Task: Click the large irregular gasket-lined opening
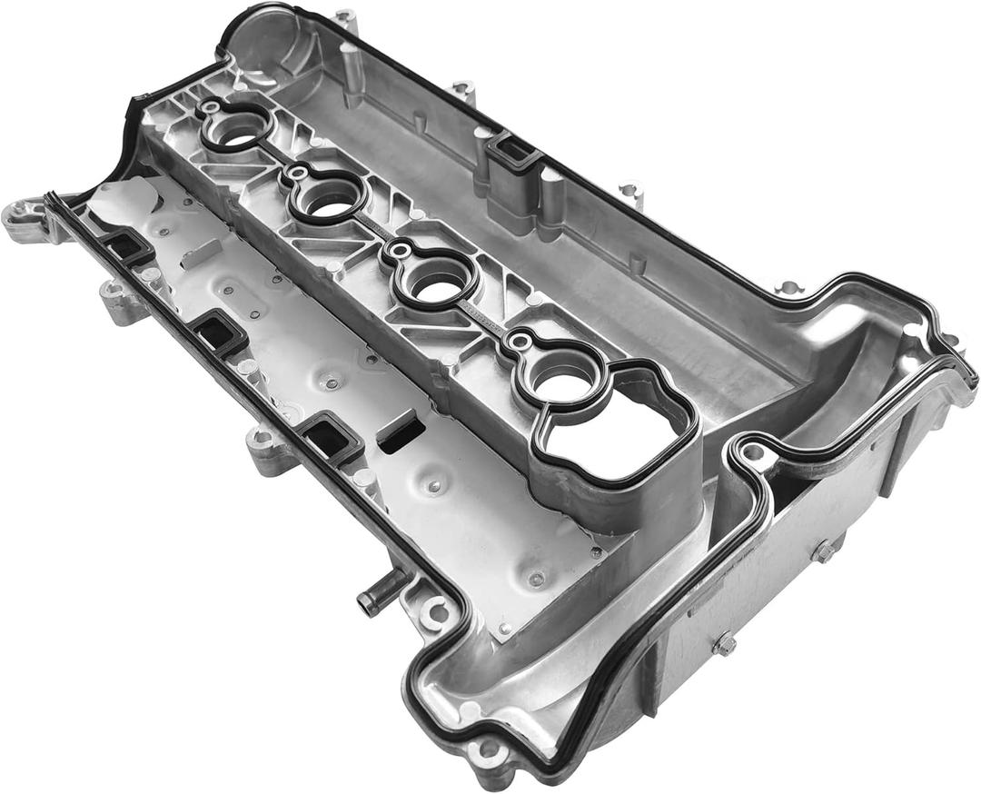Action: pos(618,435)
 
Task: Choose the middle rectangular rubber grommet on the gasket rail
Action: pos(219,333)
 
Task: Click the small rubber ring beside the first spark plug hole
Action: pos(210,108)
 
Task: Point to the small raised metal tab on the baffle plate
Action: pos(199,253)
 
